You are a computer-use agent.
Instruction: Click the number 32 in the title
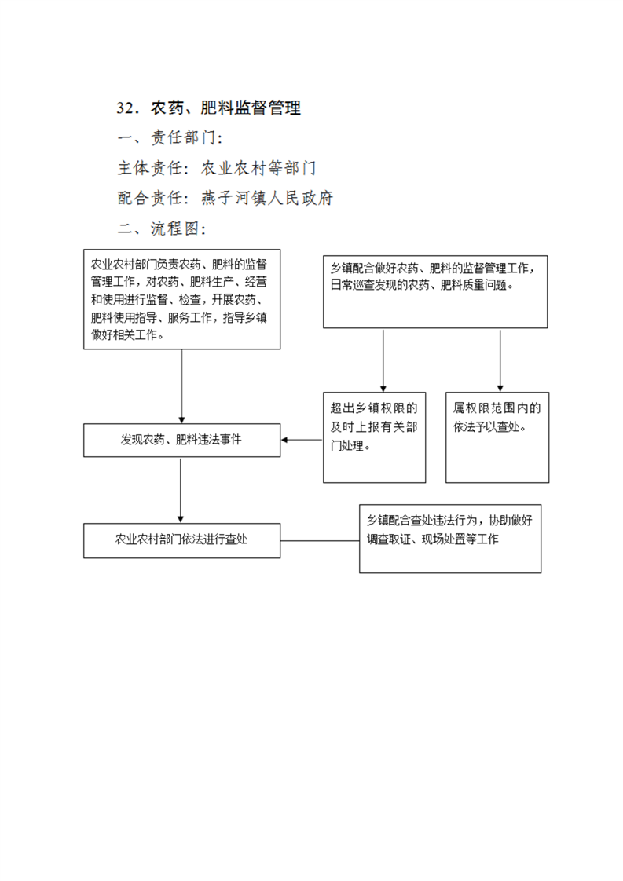pyautogui.click(x=127, y=108)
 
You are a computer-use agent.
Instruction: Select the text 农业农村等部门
pyautogui.click(x=258, y=168)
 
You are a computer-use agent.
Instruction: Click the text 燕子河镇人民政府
pyautogui.click(x=267, y=198)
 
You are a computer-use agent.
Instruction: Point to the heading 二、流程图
pyautogui.click(x=161, y=228)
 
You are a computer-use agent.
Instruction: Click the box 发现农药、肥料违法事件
pyautogui.click(x=181, y=440)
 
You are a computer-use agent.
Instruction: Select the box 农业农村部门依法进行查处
pyautogui.click(x=181, y=540)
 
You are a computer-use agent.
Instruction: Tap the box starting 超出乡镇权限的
pyautogui.click(x=375, y=437)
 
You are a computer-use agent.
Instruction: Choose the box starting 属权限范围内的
pyautogui.click(x=497, y=437)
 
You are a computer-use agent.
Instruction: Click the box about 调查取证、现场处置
pyautogui.click(x=450, y=539)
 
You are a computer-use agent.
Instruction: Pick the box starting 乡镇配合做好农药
pyautogui.click(x=435, y=291)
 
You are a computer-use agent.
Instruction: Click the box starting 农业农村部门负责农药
pyautogui.click(x=181, y=299)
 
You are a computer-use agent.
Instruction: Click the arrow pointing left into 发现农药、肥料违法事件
pyautogui.click(x=302, y=440)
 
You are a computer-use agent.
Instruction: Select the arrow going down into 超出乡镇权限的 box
pyautogui.click(x=383, y=360)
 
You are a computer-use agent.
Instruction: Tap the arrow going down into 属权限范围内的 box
pyautogui.click(x=500, y=360)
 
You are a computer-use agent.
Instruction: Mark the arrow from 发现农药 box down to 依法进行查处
pyautogui.click(x=181, y=490)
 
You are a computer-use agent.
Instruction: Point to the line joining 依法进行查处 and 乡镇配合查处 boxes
pyautogui.click(x=320, y=541)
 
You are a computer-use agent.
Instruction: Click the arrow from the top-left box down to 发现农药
pyautogui.click(x=181, y=386)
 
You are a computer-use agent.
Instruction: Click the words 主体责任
pyautogui.click(x=149, y=168)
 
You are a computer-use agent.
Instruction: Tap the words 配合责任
pyautogui.click(x=149, y=198)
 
